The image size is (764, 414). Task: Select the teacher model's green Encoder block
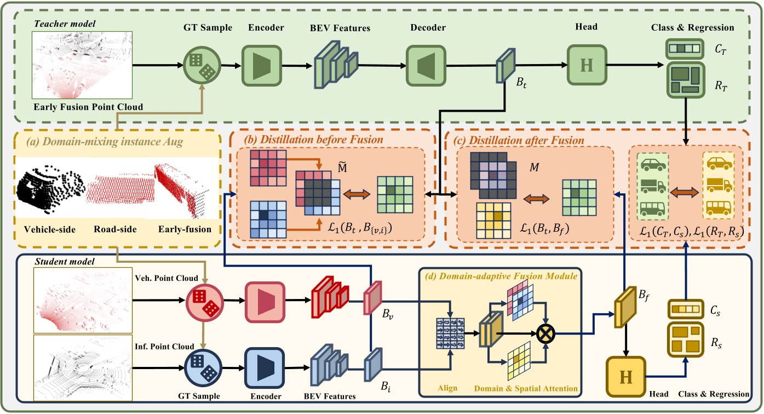(261, 65)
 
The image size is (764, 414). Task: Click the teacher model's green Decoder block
(426, 65)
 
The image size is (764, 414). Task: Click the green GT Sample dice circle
(202, 65)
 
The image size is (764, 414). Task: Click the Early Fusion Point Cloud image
(83, 64)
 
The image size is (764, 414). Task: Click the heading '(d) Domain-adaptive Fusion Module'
(501, 276)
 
